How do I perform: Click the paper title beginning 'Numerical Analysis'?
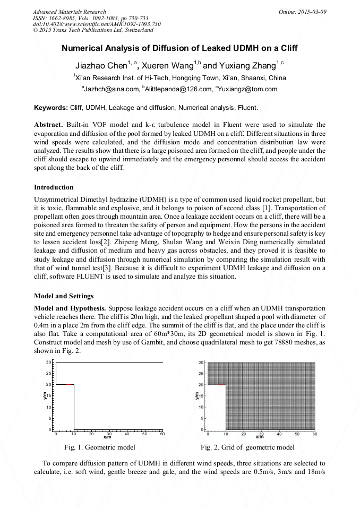point(179,48)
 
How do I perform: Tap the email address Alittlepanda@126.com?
point(179,89)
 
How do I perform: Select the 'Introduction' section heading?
point(54,187)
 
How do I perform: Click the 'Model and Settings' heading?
point(64,296)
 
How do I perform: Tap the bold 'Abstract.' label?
point(49,125)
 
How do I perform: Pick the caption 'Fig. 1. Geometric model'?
point(100,447)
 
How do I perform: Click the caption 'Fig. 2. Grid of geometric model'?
point(247,447)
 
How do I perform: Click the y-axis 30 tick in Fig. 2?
point(201,363)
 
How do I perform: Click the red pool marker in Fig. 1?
point(70,384)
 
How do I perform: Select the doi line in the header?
point(97,24)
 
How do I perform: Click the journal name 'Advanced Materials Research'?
point(69,12)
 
